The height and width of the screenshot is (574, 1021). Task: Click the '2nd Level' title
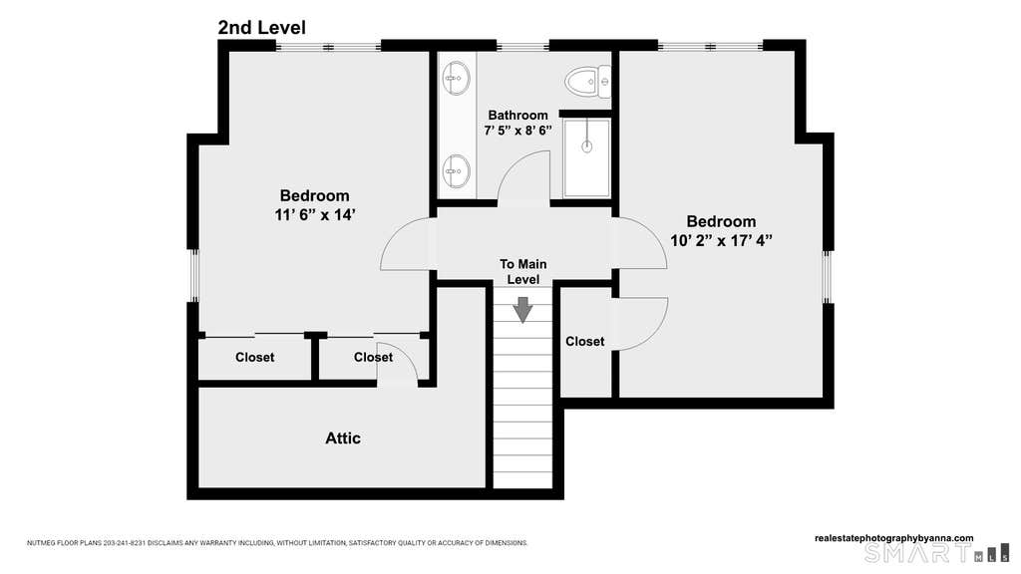262,28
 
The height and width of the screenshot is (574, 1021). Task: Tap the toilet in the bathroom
588,82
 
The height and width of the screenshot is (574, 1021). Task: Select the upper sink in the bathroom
456,78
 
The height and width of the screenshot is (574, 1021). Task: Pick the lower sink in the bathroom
456,171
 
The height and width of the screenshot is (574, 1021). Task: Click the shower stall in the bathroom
586,157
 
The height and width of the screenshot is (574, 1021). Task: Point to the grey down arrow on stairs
522,310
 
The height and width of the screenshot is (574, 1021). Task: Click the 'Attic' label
343,438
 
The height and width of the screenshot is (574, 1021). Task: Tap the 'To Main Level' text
522,271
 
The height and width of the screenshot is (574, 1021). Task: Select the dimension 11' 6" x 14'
314,215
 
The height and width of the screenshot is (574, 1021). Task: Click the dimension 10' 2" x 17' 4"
722,240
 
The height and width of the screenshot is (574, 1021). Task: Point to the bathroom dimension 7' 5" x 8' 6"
517,131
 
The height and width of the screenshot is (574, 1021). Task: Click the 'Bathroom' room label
517,116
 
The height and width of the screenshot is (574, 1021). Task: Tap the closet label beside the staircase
584,341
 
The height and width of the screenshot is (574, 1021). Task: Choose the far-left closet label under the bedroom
254,358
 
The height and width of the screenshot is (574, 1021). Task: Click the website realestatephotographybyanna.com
894,538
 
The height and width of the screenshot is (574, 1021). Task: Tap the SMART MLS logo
936,554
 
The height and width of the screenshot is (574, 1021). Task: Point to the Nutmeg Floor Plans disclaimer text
277,543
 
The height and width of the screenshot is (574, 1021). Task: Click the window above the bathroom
522,46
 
